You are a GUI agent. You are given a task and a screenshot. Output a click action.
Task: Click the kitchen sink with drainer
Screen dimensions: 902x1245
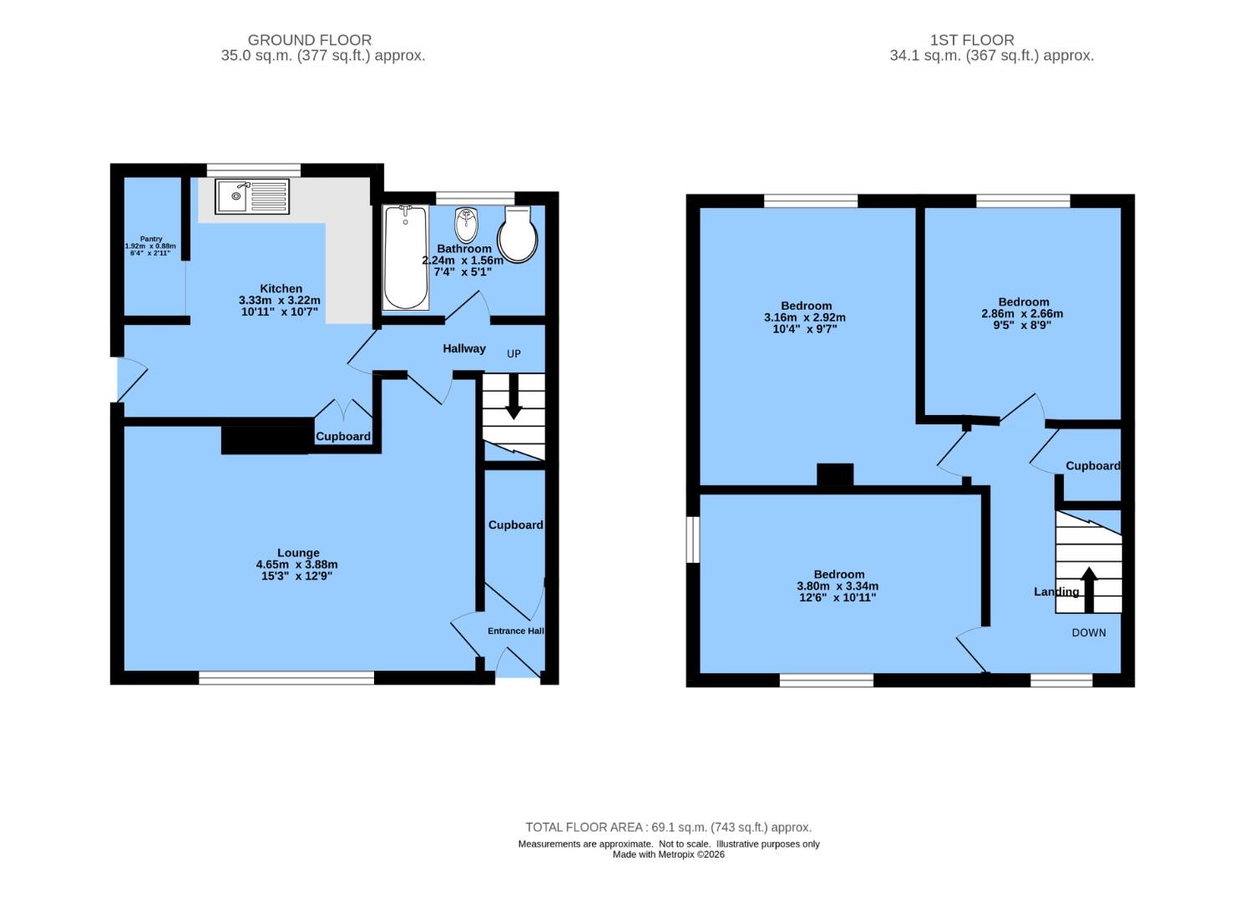click(x=252, y=197)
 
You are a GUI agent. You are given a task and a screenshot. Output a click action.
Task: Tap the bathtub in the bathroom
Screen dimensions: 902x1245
click(x=405, y=258)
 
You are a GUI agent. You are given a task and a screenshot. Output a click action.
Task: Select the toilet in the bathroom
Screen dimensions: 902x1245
click(x=518, y=236)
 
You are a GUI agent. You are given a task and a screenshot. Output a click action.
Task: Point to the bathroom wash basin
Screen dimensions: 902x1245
click(x=466, y=224)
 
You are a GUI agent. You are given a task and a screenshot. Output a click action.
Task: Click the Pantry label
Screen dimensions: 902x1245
click(x=151, y=239)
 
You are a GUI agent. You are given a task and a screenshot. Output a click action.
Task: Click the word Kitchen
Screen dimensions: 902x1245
click(x=281, y=288)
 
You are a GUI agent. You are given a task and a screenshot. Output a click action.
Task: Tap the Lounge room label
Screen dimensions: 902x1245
click(x=298, y=552)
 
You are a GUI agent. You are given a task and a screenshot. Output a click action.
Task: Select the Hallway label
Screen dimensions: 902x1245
click(x=463, y=348)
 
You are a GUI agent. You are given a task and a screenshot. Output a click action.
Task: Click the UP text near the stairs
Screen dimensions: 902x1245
click(x=514, y=353)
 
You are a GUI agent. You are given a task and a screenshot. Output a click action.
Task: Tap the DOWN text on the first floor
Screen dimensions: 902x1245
click(x=1088, y=632)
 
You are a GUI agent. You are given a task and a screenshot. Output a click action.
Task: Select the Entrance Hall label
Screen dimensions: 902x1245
click(x=515, y=631)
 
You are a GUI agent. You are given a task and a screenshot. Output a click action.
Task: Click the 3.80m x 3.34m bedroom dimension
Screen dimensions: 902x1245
click(x=838, y=586)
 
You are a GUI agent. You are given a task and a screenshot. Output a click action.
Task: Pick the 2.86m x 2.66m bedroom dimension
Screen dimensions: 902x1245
click(x=1022, y=314)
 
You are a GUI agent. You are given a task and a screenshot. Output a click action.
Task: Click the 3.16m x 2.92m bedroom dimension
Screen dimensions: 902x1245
click(x=804, y=317)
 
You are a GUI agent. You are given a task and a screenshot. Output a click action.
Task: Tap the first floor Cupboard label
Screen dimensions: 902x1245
click(x=1092, y=465)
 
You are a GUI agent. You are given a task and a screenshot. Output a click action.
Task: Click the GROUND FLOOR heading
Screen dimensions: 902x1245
click(x=310, y=39)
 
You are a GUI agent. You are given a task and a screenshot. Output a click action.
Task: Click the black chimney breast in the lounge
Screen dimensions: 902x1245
click(x=264, y=440)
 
